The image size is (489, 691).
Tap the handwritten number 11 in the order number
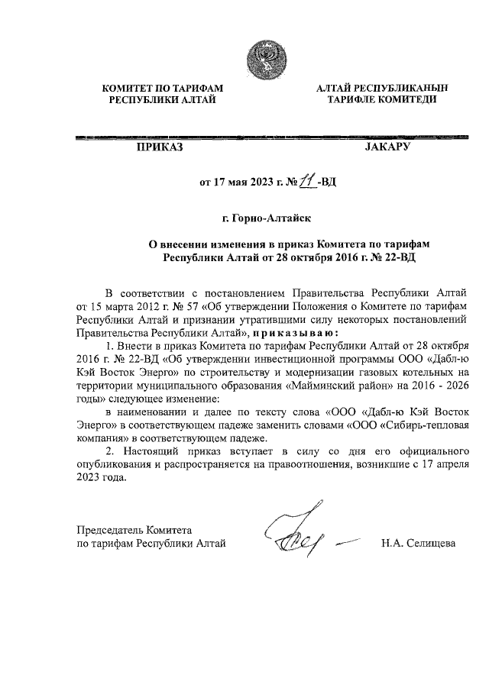pyautogui.click(x=308, y=182)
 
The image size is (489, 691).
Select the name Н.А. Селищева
pyautogui.click(x=417, y=543)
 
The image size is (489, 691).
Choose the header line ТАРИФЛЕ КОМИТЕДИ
pyautogui.click(x=381, y=100)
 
